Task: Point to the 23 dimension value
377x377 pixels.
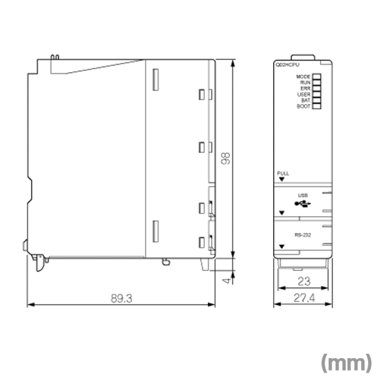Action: point(303,281)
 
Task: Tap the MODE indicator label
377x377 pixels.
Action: point(304,77)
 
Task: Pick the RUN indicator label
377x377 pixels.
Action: point(305,83)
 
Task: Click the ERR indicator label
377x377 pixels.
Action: point(305,88)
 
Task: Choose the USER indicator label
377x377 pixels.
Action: point(304,94)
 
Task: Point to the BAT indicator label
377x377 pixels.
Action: point(306,100)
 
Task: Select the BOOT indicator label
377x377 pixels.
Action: point(304,106)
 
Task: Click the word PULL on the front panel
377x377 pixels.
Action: point(283,173)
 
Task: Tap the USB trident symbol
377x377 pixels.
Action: point(303,203)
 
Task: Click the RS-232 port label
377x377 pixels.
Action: point(303,235)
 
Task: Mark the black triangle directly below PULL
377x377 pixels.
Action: point(282,179)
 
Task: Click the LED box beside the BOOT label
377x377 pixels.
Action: point(316,106)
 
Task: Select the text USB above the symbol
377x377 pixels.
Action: point(303,195)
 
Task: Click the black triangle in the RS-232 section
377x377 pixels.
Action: point(282,246)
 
